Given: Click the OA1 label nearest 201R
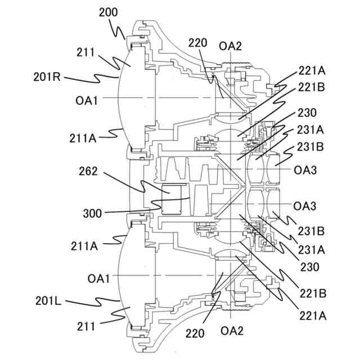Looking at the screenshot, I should (x=87, y=100).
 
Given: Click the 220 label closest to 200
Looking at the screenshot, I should (x=197, y=42).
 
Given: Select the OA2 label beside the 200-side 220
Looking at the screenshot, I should (x=231, y=46).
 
